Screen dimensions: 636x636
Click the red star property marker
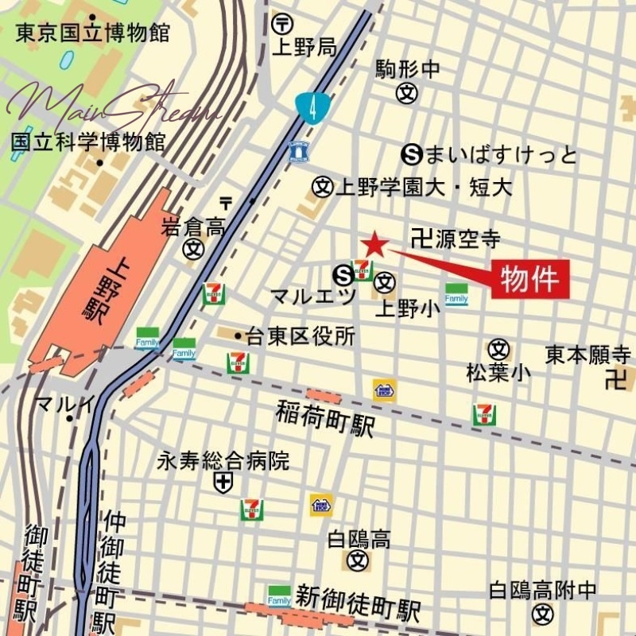point(374,246)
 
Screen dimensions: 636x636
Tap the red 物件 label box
point(532,279)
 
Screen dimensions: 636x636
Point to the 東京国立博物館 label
point(93,33)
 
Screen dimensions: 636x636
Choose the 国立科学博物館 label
point(88,142)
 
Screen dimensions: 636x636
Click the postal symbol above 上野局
point(282,25)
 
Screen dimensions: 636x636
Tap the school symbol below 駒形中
point(407,93)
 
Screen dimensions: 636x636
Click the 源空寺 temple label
point(457,238)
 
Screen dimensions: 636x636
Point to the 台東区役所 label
point(295,336)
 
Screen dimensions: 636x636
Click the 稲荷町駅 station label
point(326,418)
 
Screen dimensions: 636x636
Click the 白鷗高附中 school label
point(543,591)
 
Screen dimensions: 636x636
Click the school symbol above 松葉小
point(498,348)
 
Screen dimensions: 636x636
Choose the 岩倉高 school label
point(193,228)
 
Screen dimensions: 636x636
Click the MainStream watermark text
point(111,107)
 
